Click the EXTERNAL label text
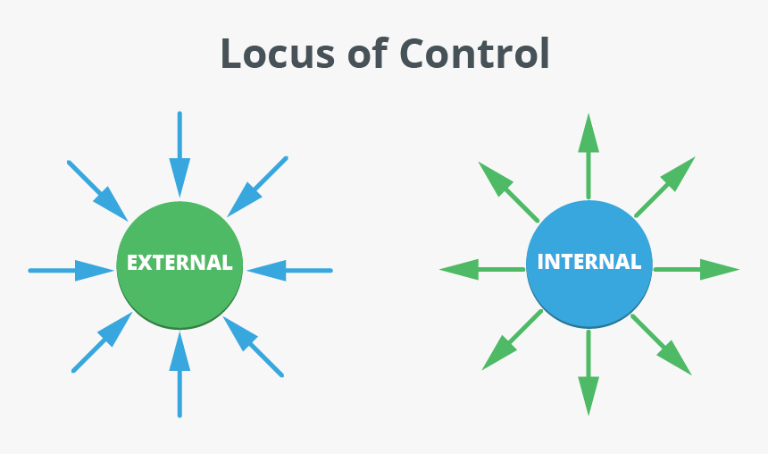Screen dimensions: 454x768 tap(179, 263)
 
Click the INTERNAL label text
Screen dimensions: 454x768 tap(589, 262)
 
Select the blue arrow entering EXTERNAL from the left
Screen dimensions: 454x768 tap(71, 270)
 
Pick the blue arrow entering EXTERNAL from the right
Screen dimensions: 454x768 tap(288, 270)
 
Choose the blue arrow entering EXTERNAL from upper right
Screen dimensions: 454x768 tap(258, 187)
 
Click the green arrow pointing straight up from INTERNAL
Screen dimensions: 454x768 tap(588, 156)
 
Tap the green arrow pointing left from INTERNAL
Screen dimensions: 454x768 tap(482, 269)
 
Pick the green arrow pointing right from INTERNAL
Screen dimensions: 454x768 tap(697, 269)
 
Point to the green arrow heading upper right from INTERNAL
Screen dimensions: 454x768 tap(665, 187)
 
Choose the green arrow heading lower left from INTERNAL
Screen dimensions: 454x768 tap(512, 340)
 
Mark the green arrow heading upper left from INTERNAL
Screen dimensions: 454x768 tap(508, 191)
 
